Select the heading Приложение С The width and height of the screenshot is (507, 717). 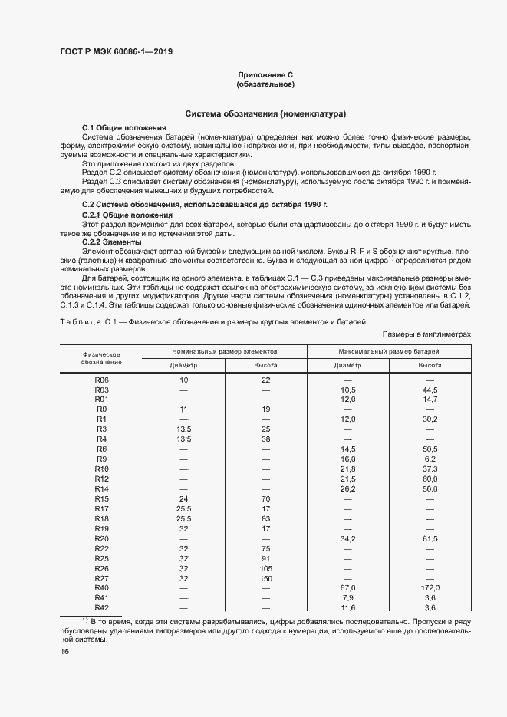[266, 74]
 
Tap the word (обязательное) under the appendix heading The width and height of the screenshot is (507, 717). [266, 84]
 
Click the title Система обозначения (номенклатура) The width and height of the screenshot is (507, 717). [266, 112]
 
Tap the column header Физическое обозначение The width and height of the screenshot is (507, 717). [104, 357]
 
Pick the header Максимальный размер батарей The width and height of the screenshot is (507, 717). [389, 350]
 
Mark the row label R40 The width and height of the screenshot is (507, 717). [102, 587]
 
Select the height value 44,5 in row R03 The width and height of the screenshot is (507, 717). [430, 390]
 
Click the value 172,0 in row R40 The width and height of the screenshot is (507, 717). [430, 587]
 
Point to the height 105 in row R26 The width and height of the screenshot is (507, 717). [265, 568]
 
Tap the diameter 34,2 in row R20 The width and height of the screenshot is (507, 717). [348, 539]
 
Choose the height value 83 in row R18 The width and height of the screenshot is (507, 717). [265, 519]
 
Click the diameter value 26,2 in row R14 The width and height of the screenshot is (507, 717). [348, 488]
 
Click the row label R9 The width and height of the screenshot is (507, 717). [102, 459]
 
